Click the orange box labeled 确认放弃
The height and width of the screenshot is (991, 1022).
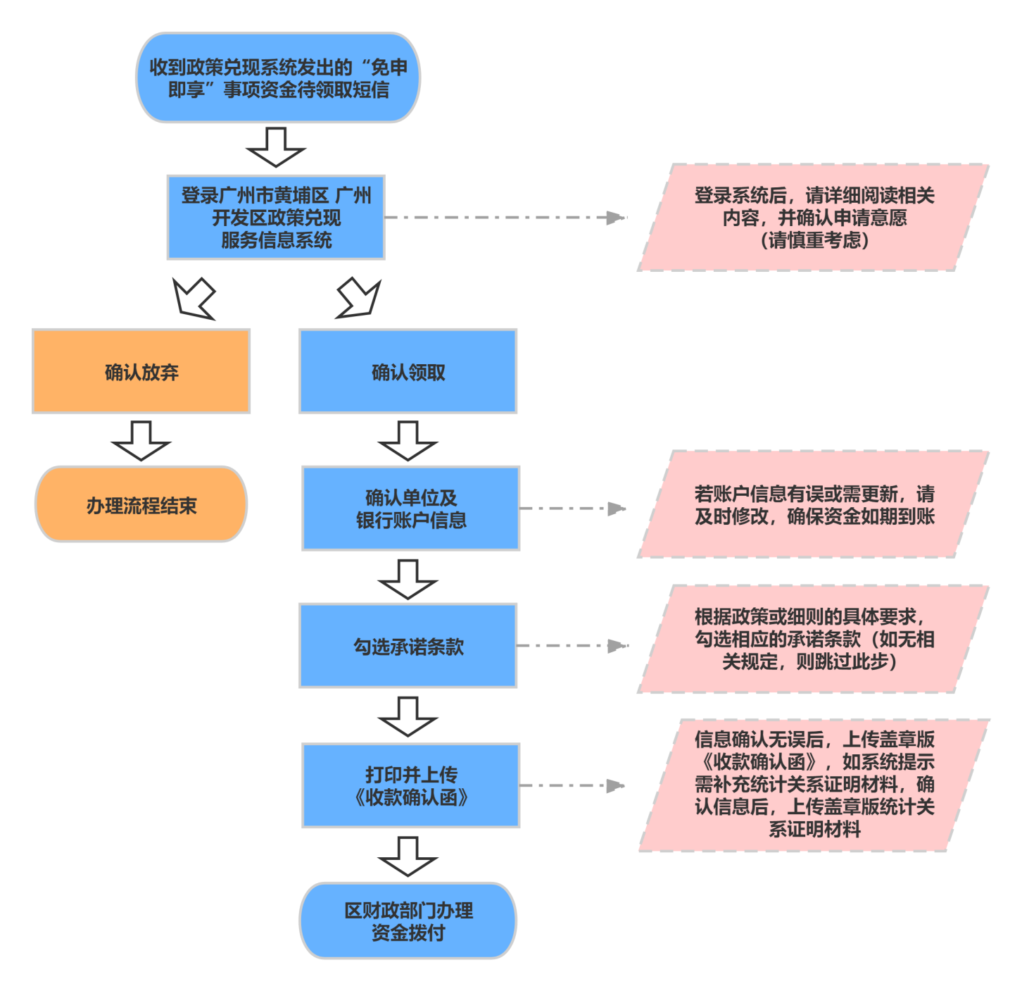141,371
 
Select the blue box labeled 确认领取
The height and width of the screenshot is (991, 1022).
408,371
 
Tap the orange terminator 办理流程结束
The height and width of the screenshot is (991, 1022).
141,504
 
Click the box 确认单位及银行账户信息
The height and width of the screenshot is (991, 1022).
411,508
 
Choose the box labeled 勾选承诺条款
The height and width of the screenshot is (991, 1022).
408,645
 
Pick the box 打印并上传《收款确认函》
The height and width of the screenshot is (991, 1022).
411,785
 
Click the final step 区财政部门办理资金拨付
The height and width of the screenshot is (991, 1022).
408,921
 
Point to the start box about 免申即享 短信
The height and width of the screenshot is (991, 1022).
278,77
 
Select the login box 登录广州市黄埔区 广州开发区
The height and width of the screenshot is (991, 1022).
276,217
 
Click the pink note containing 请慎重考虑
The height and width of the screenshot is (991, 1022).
814,218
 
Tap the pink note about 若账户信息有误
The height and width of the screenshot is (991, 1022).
814,504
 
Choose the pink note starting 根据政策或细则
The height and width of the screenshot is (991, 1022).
814,639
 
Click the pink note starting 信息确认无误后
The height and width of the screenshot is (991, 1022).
814,785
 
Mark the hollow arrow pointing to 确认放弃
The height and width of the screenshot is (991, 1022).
193,298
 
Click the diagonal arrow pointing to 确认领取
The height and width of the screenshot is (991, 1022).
359,298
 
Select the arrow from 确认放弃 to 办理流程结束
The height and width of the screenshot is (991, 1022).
141,440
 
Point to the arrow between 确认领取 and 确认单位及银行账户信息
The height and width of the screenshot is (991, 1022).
408,440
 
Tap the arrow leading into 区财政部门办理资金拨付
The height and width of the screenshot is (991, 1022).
408,856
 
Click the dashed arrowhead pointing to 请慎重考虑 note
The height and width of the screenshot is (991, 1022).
616,218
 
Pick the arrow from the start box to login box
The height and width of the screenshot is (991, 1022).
276,147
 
